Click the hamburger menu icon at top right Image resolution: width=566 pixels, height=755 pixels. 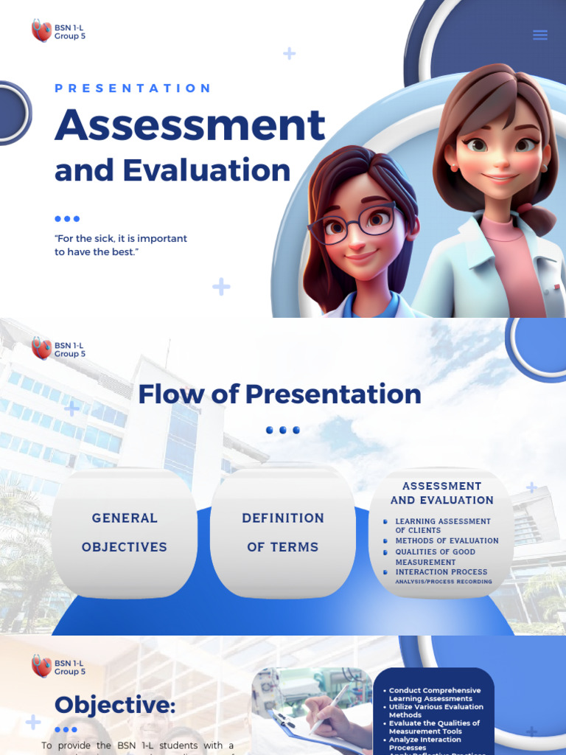[x=540, y=35]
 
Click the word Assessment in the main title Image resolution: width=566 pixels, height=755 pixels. [x=189, y=125]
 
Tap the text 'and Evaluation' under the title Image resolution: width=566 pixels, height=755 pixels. [x=172, y=170]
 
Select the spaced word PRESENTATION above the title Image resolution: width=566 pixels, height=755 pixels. [x=133, y=88]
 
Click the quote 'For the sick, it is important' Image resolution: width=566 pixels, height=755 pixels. [x=121, y=239]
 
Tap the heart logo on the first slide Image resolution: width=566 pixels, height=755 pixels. [x=41, y=31]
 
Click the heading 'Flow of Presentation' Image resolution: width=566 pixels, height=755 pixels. [x=279, y=394]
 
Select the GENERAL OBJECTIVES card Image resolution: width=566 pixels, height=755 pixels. [x=125, y=532]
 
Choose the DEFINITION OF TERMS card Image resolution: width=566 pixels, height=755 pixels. [x=283, y=532]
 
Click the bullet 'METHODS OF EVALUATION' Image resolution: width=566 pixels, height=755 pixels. [x=447, y=541]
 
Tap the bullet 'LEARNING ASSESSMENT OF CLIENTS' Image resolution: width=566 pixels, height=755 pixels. [x=442, y=526]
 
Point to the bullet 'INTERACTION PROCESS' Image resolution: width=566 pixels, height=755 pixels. [x=441, y=572]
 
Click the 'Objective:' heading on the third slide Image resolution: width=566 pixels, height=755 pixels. [x=115, y=705]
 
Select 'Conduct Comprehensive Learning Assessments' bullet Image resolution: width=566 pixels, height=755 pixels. [x=434, y=695]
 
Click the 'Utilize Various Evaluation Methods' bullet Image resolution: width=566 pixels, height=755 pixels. [x=436, y=711]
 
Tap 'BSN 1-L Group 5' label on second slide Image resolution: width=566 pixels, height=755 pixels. [x=69, y=349]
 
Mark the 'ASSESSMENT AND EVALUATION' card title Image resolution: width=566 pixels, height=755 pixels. [x=441, y=493]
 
